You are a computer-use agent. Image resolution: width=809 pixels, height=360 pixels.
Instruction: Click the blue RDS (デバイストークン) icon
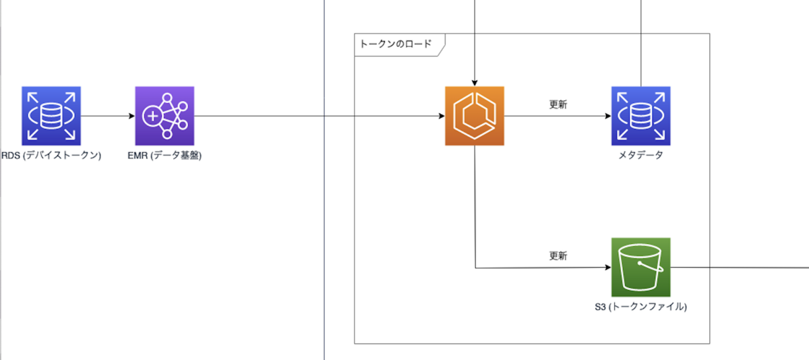tap(51, 116)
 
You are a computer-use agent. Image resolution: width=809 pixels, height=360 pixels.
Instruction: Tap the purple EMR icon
tap(164, 116)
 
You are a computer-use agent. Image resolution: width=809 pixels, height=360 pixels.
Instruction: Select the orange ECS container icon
tap(475, 116)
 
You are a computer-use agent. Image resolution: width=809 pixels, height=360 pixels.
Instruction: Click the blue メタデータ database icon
tap(640, 116)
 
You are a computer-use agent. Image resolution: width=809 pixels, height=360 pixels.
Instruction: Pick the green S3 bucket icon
tap(640, 267)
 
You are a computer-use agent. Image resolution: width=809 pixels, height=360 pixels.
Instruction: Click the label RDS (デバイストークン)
tap(51, 156)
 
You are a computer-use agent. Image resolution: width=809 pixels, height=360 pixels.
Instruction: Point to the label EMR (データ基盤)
tap(164, 156)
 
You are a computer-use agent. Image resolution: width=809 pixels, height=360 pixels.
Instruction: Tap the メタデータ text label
tap(640, 156)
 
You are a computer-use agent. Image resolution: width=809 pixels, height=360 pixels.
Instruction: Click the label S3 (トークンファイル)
tap(640, 307)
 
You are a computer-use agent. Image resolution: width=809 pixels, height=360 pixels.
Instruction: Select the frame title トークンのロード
tap(396, 44)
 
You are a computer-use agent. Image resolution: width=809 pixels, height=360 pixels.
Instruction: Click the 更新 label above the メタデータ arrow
tap(558, 105)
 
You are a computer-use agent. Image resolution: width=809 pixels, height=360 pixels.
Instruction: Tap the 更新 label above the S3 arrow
tap(558, 256)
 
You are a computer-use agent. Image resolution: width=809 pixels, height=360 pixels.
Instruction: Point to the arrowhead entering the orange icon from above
tap(475, 82)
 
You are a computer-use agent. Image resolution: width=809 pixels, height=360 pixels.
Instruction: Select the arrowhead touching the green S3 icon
tap(607, 268)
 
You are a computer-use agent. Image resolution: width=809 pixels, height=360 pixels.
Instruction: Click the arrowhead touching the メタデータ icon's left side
tap(607, 116)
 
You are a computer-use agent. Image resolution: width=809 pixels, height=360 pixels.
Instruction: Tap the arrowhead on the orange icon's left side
tap(441, 116)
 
